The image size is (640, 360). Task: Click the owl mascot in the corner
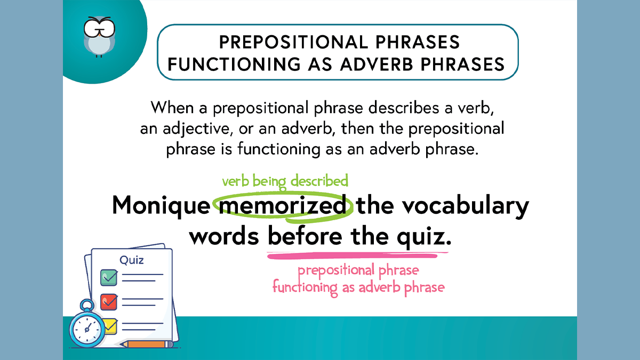tap(99, 37)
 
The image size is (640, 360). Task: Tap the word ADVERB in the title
tap(377, 64)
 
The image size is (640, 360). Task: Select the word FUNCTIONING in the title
tap(234, 64)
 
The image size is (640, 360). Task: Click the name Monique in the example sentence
tap(161, 205)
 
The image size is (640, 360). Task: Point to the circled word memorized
tap(283, 205)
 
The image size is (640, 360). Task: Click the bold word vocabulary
tap(466, 205)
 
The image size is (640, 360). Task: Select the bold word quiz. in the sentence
tap(425, 237)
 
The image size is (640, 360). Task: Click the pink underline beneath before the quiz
tap(357, 255)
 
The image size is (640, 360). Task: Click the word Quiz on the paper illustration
tap(131, 260)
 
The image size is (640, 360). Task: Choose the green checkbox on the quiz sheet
tap(109, 277)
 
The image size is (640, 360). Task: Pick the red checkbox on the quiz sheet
tap(109, 302)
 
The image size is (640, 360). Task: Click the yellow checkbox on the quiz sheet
tap(111, 326)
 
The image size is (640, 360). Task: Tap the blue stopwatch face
tap(87, 329)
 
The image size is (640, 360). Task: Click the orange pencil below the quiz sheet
tap(146, 344)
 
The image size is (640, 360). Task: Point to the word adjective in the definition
tap(196, 129)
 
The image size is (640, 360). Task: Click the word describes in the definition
tap(403, 108)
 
